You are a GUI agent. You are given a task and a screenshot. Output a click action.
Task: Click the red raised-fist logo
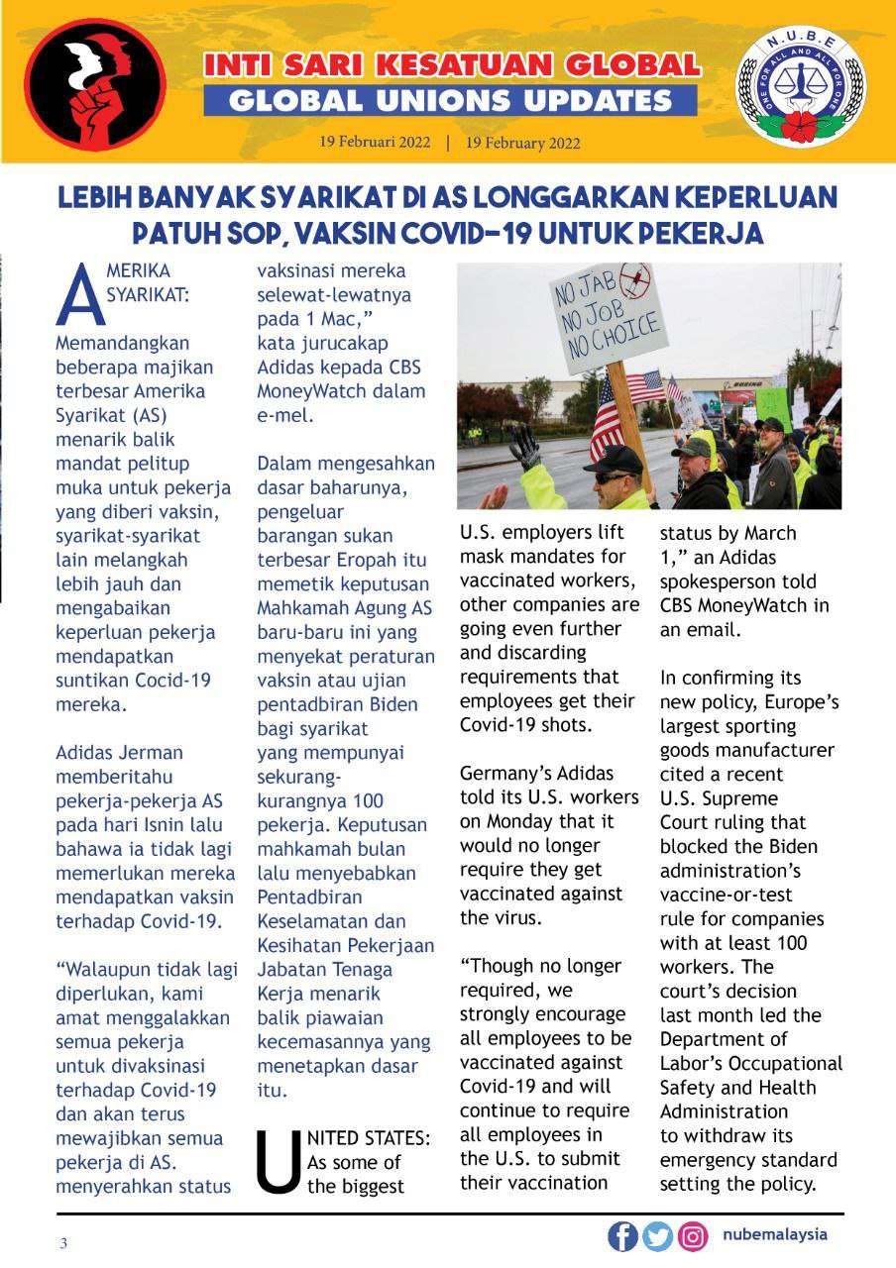click(95, 84)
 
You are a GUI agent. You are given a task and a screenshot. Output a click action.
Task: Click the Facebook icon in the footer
click(622, 1236)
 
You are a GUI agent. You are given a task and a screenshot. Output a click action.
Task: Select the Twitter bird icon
click(657, 1236)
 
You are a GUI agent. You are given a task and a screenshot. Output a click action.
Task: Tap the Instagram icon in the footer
click(693, 1236)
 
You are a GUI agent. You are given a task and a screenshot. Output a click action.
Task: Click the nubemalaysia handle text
click(775, 1235)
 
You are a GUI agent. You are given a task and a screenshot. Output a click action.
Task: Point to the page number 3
click(63, 1244)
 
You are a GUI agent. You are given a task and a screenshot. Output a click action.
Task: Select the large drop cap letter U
click(279, 1161)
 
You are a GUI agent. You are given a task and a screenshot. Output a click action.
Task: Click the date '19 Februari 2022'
click(375, 142)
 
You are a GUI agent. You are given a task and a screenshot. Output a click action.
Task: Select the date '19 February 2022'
click(522, 143)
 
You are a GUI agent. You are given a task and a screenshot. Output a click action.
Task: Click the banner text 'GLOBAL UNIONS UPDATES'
click(451, 100)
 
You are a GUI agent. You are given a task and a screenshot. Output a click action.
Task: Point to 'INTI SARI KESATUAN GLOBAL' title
click(452, 66)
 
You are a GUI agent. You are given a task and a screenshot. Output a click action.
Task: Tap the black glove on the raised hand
click(524, 448)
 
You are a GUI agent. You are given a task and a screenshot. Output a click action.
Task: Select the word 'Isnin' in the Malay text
click(170, 824)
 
